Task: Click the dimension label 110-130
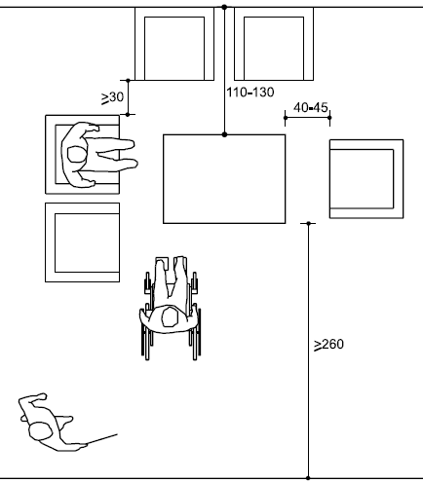pos(250,93)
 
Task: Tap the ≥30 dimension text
pos(112,97)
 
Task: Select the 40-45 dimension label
pos(311,108)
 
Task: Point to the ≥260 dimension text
pos(328,345)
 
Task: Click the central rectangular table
pos(224,179)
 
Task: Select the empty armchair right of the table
pos(366,179)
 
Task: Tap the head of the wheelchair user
pos(170,317)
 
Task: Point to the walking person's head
pos(41,430)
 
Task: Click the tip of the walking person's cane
pos(117,434)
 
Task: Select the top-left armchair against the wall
pos(174,44)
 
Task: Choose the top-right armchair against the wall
pos(274,44)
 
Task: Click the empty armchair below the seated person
pos(83,242)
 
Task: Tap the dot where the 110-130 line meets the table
pos(224,134)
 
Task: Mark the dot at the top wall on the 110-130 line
pos(224,7)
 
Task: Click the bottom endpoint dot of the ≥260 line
pos(308,478)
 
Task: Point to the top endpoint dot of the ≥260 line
pos(308,223)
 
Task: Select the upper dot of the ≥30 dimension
pos(128,80)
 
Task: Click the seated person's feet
pos(134,154)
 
